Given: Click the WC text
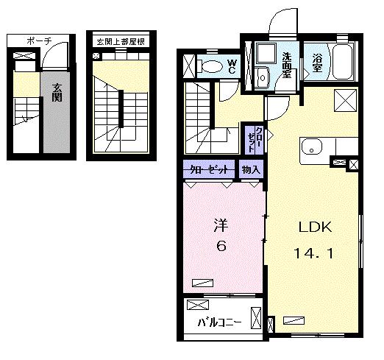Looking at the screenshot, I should click(x=231, y=66).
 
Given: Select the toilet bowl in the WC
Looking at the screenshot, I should click(x=211, y=66).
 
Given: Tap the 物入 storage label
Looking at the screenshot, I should click(x=250, y=170).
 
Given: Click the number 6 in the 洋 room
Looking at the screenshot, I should click(x=220, y=247).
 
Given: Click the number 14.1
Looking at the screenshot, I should click(x=315, y=254).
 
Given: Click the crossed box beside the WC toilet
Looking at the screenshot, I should click(x=188, y=65).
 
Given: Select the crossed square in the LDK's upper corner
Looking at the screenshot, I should click(x=344, y=99).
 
